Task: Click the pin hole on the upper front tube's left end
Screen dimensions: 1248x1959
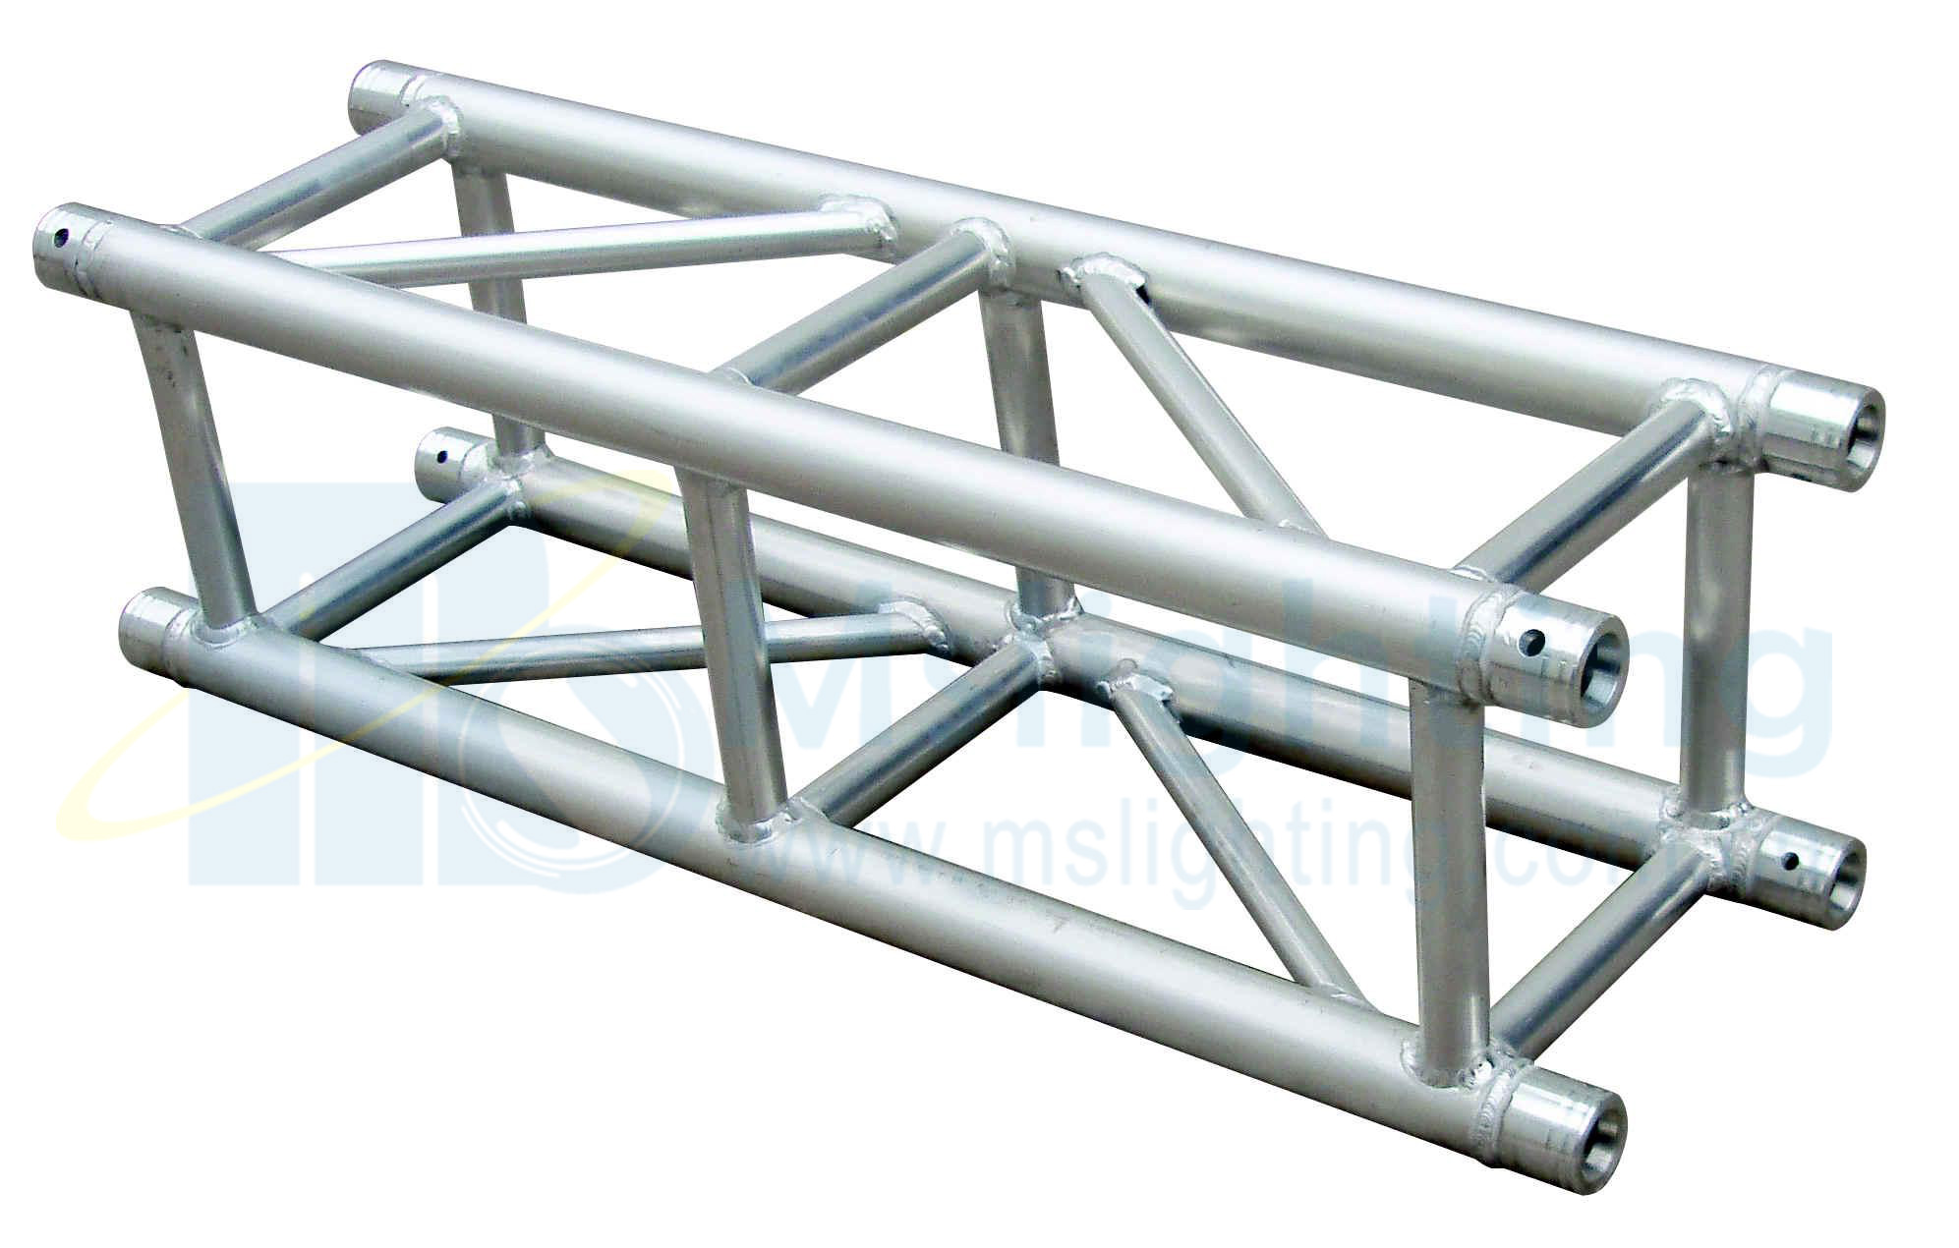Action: [62, 237]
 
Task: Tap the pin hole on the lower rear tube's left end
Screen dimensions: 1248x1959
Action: [439, 455]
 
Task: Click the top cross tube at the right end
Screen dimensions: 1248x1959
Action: [1592, 491]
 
